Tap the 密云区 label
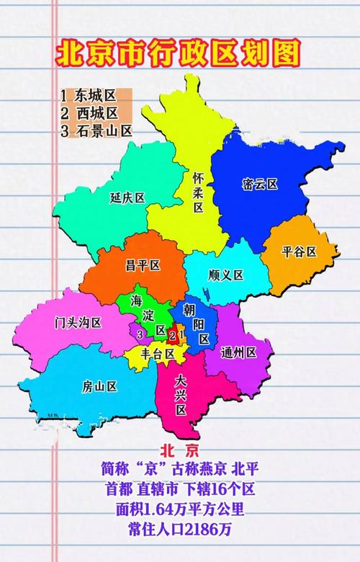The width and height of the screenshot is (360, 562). pos(260,184)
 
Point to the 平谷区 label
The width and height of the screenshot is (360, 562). pos(299,251)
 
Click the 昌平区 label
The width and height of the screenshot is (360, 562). pos(142,265)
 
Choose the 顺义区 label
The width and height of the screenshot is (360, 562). pos(225,275)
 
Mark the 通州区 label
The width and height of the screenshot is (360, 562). pos(239,352)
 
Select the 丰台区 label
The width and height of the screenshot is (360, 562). pos(158,354)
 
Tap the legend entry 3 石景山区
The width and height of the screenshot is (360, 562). pos(96,130)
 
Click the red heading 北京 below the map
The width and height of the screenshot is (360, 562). pos(179,451)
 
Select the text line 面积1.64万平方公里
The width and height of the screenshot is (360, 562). pos(179,509)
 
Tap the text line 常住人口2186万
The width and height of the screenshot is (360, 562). pos(179,530)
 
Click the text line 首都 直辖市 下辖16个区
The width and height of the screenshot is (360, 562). pos(179,489)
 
